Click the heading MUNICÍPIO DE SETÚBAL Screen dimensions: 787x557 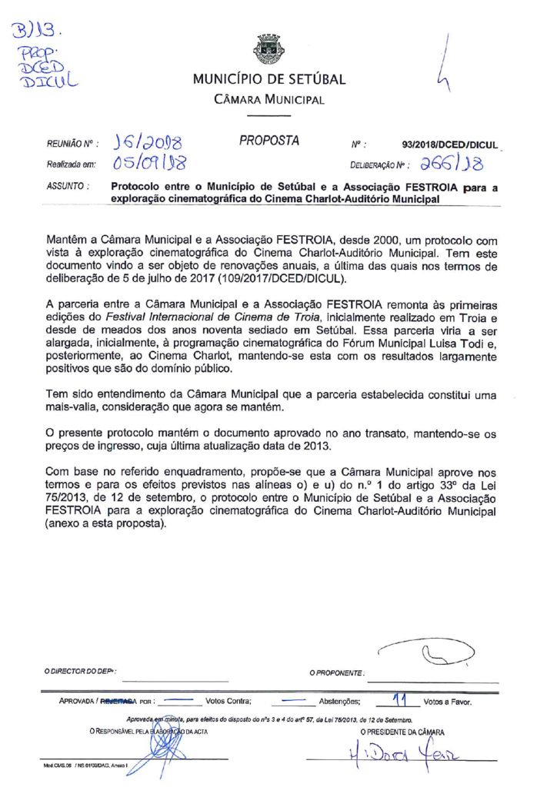pos(269,79)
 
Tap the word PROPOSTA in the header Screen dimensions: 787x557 pos(268,141)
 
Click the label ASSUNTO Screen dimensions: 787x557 pos(68,186)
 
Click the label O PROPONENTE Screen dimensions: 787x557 pos(336,673)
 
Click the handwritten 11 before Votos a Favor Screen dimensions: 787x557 pos(399,699)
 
